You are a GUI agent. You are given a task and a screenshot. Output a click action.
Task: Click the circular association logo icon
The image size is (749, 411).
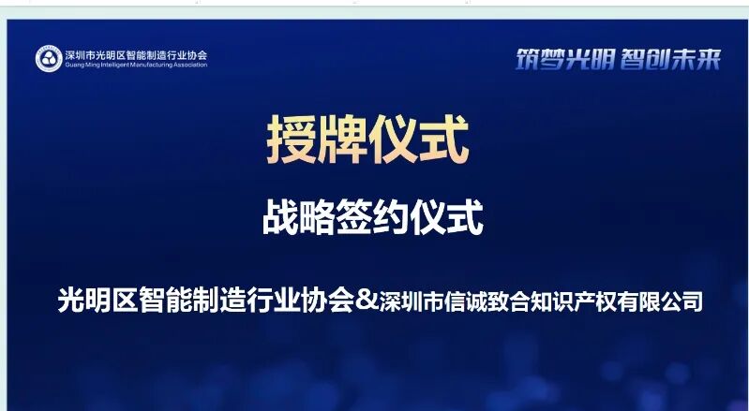49,59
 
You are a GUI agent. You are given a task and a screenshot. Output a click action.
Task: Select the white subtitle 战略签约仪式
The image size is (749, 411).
372,219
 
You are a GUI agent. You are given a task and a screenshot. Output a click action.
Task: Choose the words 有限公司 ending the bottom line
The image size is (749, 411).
669,301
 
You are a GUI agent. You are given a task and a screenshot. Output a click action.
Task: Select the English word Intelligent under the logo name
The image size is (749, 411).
110,65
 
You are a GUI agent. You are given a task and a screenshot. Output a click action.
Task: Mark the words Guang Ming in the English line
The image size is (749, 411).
79,65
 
